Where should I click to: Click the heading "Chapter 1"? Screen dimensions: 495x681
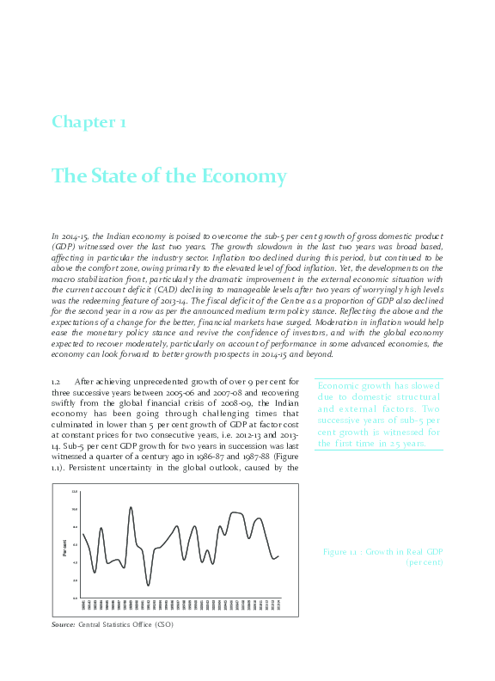[89, 122]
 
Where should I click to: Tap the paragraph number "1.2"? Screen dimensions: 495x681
[58, 381]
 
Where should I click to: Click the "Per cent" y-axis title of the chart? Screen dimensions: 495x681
[64, 546]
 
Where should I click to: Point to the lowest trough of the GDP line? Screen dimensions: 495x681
[148, 586]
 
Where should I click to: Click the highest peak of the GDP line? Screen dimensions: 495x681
[131, 507]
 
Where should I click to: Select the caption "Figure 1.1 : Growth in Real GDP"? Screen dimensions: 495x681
[382, 550]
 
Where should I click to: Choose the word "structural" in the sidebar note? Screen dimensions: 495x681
[419, 397]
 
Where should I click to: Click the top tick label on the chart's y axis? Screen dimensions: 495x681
[75, 492]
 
